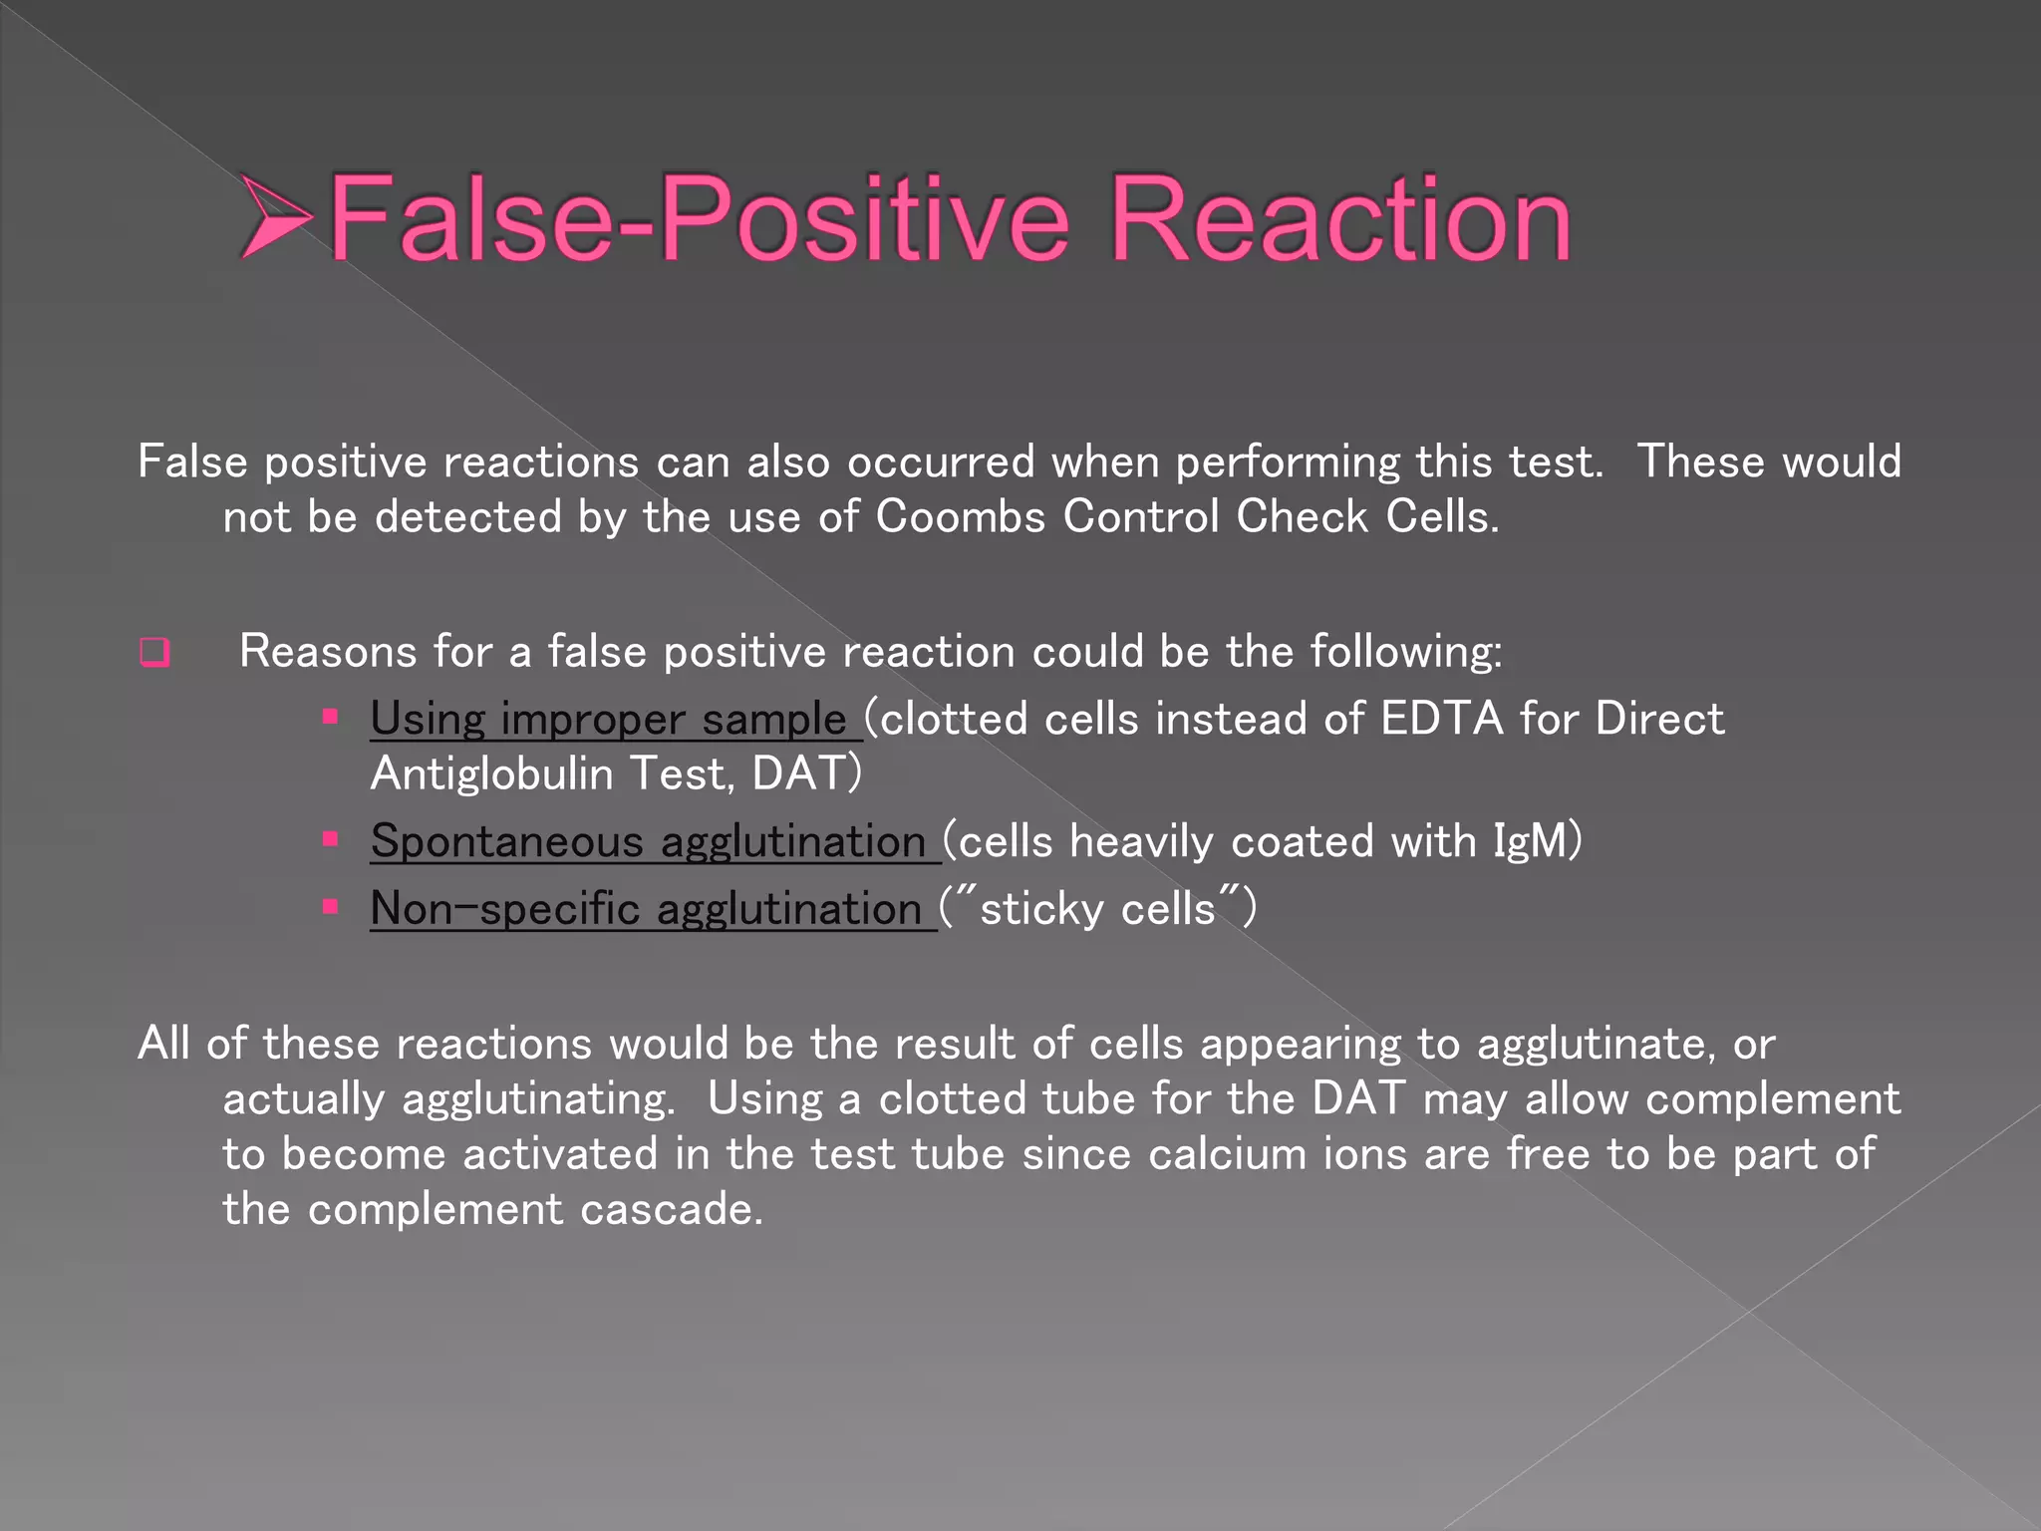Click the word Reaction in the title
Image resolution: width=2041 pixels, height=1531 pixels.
[1339, 218]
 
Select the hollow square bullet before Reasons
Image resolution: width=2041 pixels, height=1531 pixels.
[154, 653]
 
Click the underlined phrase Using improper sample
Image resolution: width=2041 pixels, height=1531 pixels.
[608, 719]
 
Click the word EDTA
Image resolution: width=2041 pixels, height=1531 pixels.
[1441, 719]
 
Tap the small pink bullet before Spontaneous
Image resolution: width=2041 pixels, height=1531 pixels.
[331, 839]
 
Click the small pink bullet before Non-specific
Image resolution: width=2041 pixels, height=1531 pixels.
[331, 906]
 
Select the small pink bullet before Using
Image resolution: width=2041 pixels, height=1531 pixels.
[331, 717]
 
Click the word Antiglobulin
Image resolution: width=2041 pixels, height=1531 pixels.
[491, 773]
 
